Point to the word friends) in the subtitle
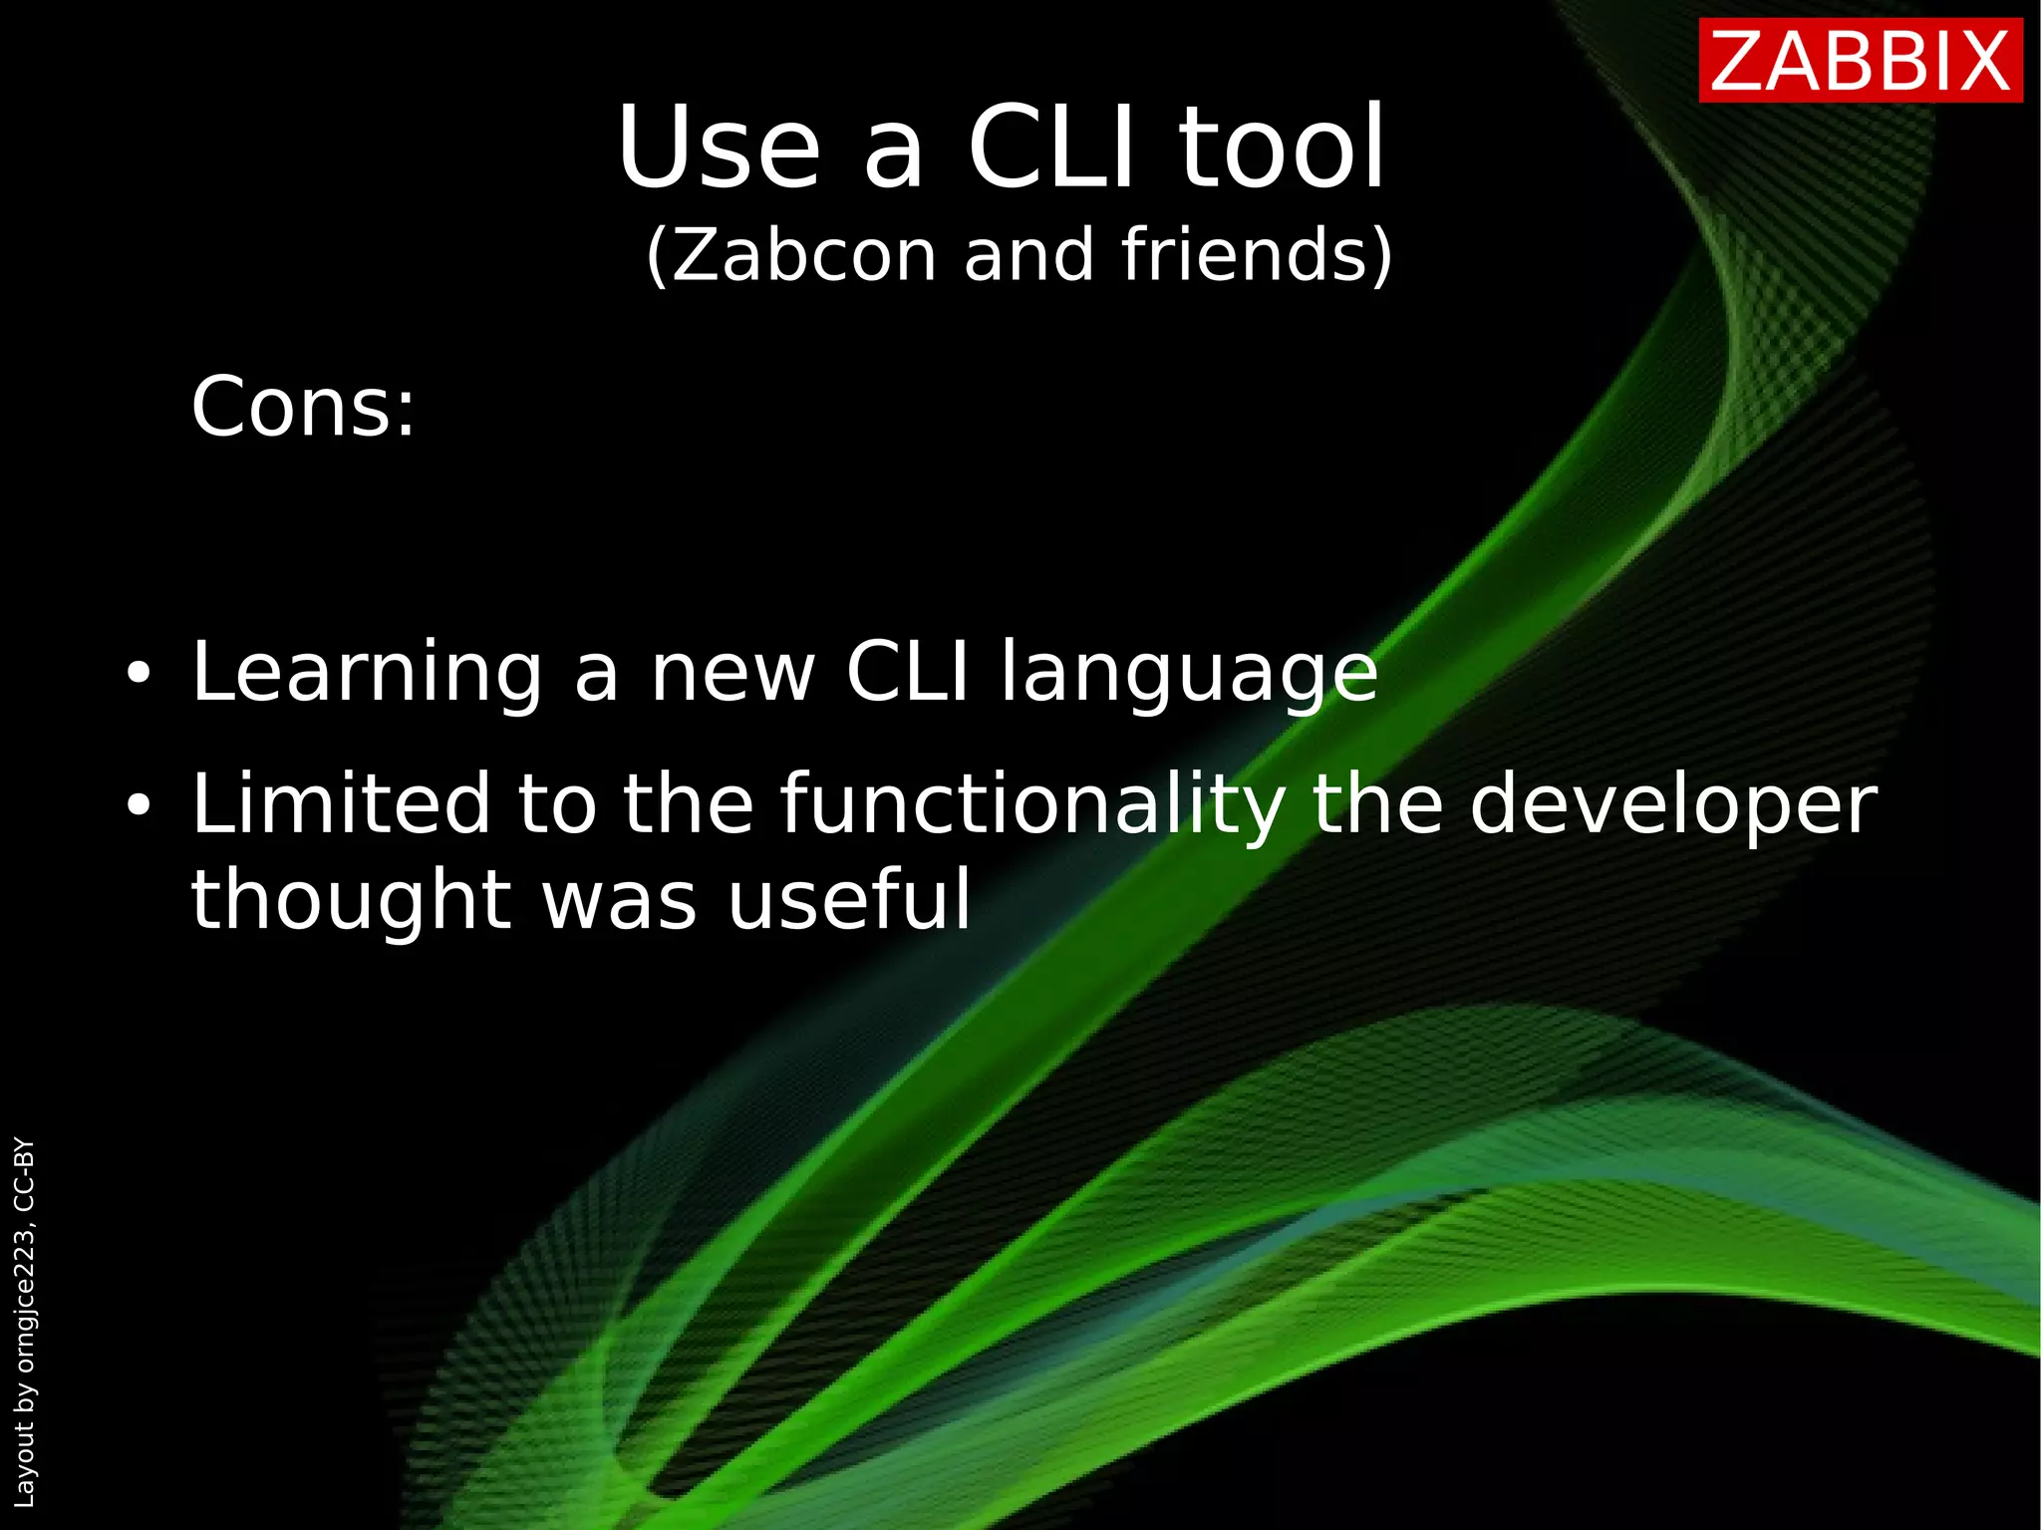1257,256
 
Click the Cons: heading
303,408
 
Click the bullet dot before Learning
139,674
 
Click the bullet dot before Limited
139,805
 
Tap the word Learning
367,674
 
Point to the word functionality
1032,805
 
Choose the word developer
1673,805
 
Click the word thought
351,900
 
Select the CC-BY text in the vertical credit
25,1174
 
